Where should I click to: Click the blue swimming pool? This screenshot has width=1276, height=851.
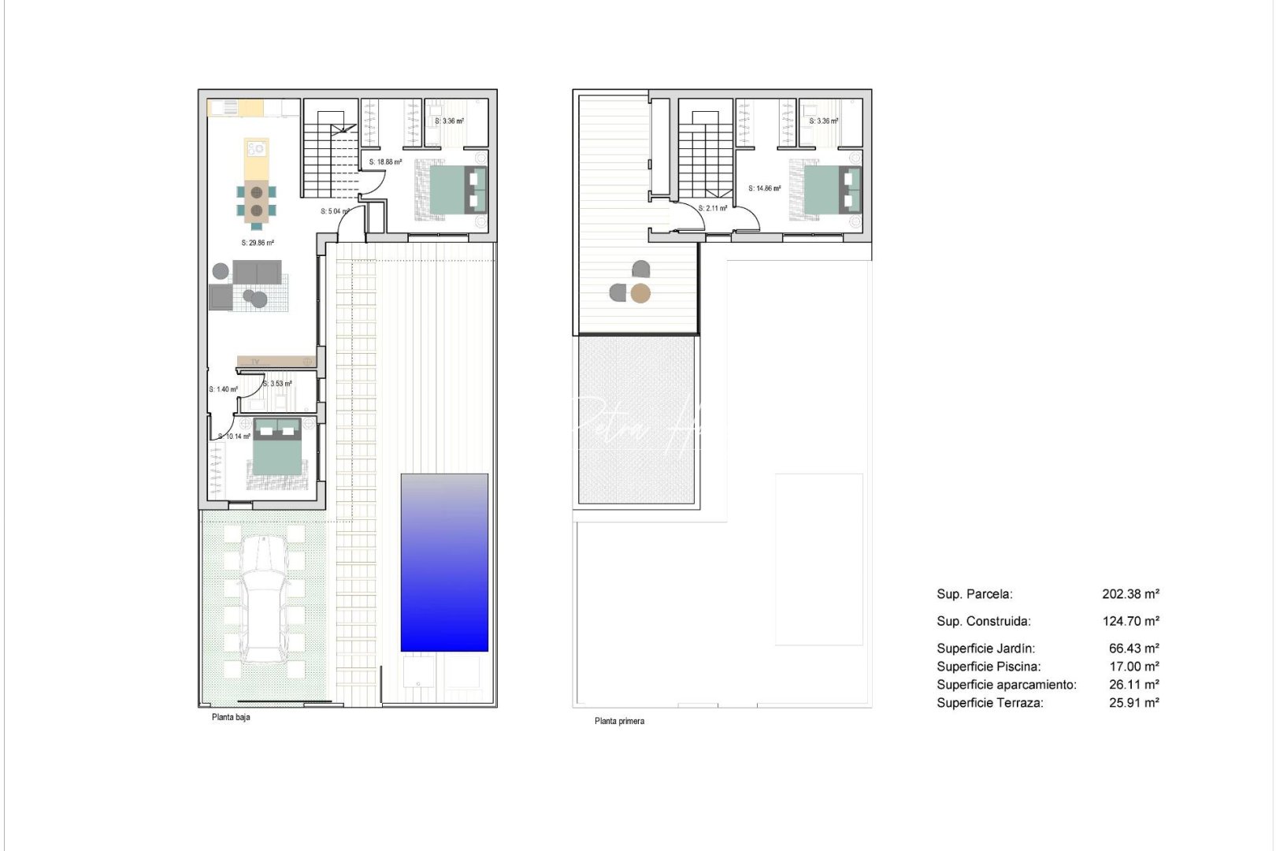point(444,563)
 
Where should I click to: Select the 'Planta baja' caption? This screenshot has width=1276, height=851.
point(231,717)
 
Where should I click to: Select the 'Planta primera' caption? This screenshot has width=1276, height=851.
point(619,721)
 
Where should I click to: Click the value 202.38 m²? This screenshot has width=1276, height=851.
point(1130,594)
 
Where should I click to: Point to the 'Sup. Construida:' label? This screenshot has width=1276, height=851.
point(983,621)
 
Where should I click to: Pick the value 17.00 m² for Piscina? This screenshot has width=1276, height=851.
point(1133,667)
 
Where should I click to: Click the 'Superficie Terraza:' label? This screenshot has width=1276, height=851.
point(989,703)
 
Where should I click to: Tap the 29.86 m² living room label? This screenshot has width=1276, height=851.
point(258,243)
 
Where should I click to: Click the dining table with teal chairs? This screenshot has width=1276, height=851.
point(257,200)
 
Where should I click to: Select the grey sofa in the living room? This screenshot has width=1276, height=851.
point(257,273)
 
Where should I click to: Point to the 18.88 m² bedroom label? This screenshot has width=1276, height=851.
point(385,162)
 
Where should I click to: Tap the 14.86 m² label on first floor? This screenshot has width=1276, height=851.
point(764,188)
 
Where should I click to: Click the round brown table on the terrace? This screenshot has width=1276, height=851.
point(641,294)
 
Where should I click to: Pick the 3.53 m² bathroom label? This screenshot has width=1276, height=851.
point(277,384)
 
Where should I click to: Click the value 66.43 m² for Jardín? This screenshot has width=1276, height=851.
point(1133,648)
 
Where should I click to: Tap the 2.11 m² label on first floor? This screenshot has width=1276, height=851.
point(712,209)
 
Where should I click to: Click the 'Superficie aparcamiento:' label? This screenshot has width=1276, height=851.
point(1006,685)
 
